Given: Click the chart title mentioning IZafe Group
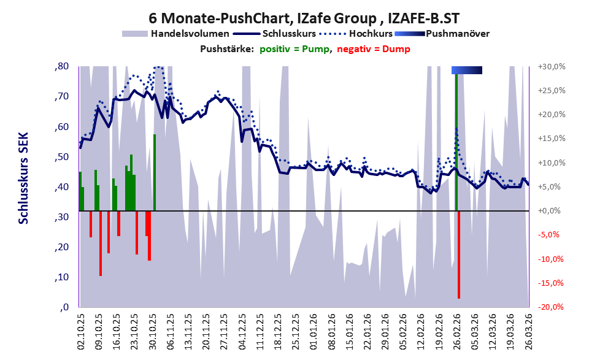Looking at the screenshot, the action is (x=304, y=18).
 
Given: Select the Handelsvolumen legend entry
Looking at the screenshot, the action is (x=175, y=34).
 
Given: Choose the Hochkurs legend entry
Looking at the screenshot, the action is (x=356, y=34).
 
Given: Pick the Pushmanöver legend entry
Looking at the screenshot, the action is (x=442, y=34).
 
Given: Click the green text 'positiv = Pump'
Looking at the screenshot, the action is (x=294, y=49).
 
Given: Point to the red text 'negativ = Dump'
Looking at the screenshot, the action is (x=374, y=49).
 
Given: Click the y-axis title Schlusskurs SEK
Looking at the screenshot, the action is (x=24, y=178).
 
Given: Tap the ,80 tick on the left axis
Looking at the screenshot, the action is (x=61, y=66).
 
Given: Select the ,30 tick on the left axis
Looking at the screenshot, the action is (x=61, y=217).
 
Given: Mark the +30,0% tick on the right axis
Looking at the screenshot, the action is (x=552, y=67).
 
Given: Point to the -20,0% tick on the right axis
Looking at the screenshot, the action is (x=550, y=307).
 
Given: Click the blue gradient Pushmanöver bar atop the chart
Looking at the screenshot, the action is (x=467, y=70).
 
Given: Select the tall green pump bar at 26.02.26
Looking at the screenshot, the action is (x=456, y=142).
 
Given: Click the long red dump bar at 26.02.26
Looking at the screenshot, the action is (x=459, y=255).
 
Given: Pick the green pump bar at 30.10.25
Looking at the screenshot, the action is (x=155, y=172).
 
